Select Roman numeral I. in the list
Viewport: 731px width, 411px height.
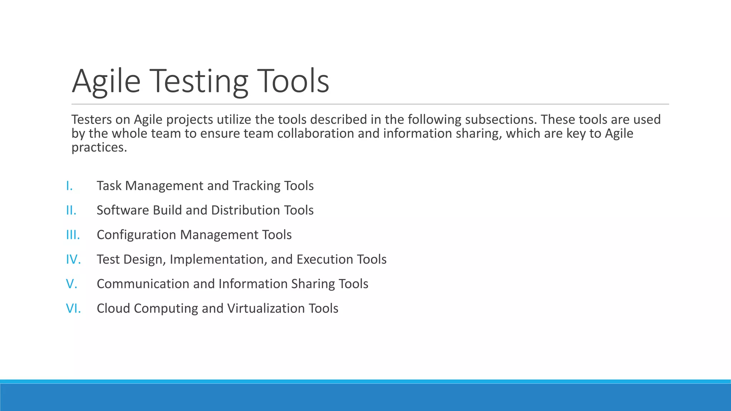(x=70, y=186)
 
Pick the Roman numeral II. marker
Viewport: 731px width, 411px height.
(x=71, y=210)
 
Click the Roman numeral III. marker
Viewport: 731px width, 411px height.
(x=73, y=235)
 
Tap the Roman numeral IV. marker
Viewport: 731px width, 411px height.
(x=74, y=259)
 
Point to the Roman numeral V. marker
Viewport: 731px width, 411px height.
(x=72, y=284)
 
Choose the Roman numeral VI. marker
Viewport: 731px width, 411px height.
(x=74, y=308)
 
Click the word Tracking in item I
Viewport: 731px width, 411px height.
(x=256, y=186)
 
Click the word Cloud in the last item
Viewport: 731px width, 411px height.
(x=113, y=308)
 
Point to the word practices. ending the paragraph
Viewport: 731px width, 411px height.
(x=99, y=147)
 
